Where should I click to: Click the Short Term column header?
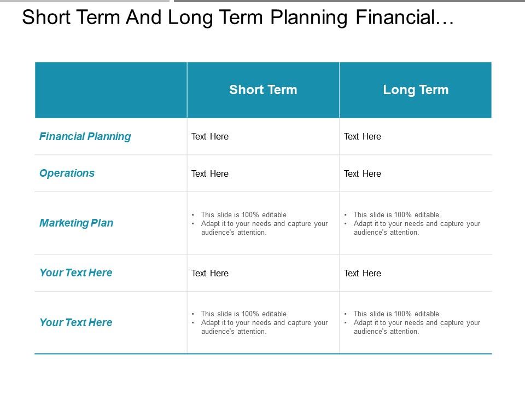tap(263, 90)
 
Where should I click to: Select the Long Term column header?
tap(416, 90)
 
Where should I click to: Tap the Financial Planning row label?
tap(85, 136)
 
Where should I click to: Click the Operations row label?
tap(67, 173)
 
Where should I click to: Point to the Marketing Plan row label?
tap(76, 223)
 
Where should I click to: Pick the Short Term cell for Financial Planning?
tap(209, 136)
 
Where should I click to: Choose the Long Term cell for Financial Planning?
tap(362, 136)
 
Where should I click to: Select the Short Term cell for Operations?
tap(209, 173)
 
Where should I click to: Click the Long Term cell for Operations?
tap(362, 173)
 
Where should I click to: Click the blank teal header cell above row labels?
tap(110, 90)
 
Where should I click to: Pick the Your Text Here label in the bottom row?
tap(75, 322)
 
